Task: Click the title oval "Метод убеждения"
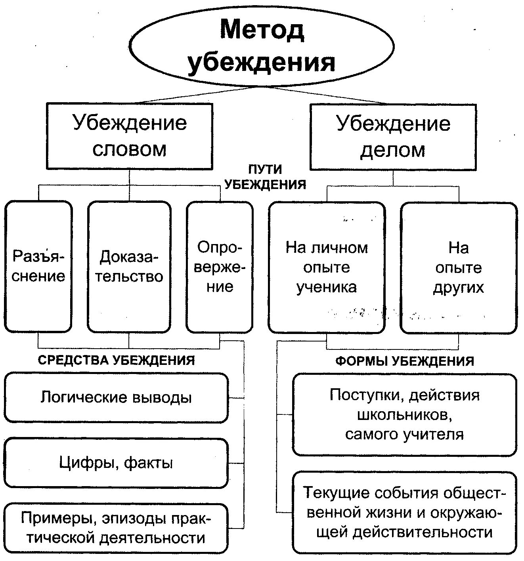pos(262,47)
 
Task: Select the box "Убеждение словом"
pos(130,136)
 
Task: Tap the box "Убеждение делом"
pos(393,137)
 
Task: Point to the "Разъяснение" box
pos(38,266)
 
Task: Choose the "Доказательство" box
pos(129,266)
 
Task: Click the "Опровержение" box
pos(220,267)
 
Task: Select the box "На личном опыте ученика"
pos(327,267)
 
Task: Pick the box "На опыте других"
pos(459,267)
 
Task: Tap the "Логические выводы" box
pos(116,397)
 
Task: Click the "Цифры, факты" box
pos(116,462)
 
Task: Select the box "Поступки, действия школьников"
pos(404,414)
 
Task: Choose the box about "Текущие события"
pos(404,512)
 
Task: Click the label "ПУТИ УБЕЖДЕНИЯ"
pos(265,177)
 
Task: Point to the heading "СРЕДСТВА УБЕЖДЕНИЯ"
pos(117,360)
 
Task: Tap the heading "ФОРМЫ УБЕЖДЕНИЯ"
pos(405,361)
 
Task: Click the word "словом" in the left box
pos(130,149)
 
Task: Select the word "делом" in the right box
pos(393,150)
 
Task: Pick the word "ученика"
pos(327,287)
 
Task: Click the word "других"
pos(459,287)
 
